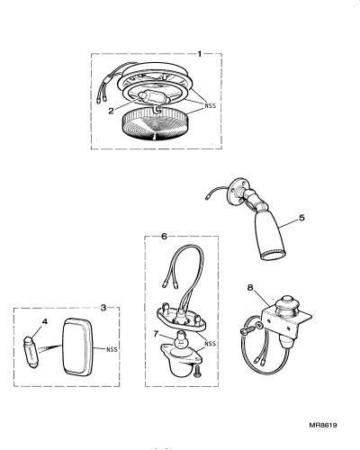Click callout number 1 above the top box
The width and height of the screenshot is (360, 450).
click(x=200, y=54)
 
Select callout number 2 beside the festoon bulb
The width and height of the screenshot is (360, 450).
click(x=112, y=111)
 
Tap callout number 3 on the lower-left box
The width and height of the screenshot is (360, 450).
click(x=103, y=308)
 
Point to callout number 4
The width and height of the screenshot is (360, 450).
click(x=45, y=321)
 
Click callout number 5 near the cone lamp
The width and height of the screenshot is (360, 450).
click(x=301, y=218)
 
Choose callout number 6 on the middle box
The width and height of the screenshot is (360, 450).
click(x=164, y=237)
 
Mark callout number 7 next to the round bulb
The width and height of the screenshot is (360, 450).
click(x=156, y=334)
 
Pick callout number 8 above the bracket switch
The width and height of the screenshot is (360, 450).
click(x=250, y=288)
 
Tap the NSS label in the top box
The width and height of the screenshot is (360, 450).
click(x=211, y=105)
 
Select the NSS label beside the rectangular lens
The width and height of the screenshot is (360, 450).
click(x=112, y=349)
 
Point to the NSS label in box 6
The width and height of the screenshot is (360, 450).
click(x=210, y=344)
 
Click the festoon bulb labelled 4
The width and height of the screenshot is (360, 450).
click(x=31, y=352)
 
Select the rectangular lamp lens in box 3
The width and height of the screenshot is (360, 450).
click(x=77, y=346)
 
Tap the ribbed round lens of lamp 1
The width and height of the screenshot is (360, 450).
click(x=155, y=125)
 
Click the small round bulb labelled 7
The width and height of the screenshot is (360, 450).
click(x=179, y=340)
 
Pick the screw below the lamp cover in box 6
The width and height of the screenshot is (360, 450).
click(x=198, y=371)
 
